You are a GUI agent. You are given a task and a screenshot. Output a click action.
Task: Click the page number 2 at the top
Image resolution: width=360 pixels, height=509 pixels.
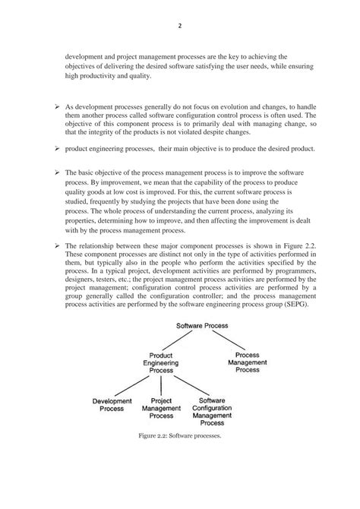click(179, 24)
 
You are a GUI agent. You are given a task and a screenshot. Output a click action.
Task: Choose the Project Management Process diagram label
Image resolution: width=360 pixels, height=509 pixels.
click(161, 409)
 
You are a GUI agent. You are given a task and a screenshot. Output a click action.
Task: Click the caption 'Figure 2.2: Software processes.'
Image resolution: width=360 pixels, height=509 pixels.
click(179, 438)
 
